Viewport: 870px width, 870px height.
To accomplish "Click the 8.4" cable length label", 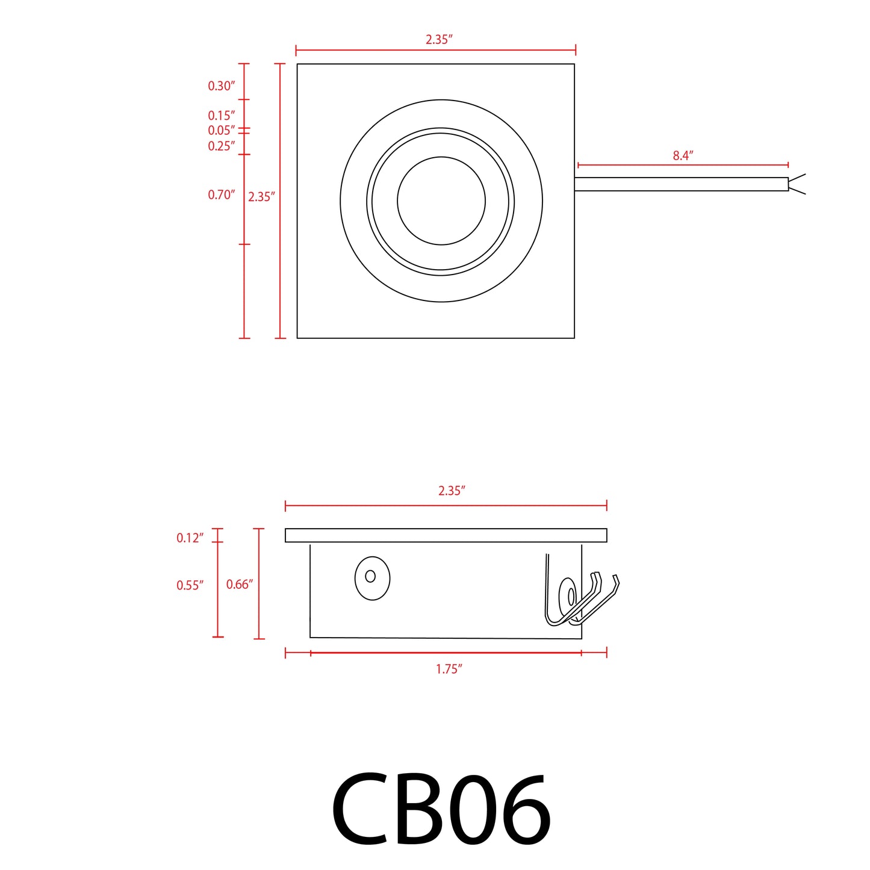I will [683, 155].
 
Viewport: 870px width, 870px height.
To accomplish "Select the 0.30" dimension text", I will [221, 86].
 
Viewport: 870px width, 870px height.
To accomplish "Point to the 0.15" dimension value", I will [221, 116].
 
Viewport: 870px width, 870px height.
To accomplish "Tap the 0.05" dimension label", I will [221, 131].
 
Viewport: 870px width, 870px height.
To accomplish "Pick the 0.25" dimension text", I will [221, 146].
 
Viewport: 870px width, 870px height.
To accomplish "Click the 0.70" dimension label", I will [221, 195].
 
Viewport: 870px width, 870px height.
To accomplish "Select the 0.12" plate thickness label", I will [190, 538].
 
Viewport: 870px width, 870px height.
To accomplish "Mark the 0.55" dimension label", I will [190, 585].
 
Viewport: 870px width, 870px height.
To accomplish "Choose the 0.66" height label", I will [239, 584].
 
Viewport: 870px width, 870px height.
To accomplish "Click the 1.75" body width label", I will [449, 669].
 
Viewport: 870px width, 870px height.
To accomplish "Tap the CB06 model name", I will [441, 810].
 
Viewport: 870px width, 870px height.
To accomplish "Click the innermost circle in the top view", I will [441, 201].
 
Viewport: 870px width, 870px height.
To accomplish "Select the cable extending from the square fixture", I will [680, 184].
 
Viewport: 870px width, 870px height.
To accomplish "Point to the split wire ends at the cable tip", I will [797, 184].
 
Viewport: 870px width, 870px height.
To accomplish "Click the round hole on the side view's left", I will [372, 577].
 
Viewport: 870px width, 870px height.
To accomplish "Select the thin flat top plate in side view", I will [446, 535].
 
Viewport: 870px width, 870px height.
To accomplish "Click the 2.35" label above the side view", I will [452, 491].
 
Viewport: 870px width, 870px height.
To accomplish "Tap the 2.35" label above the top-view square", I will [438, 40].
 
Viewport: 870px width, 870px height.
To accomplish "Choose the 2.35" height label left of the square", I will [261, 197].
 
